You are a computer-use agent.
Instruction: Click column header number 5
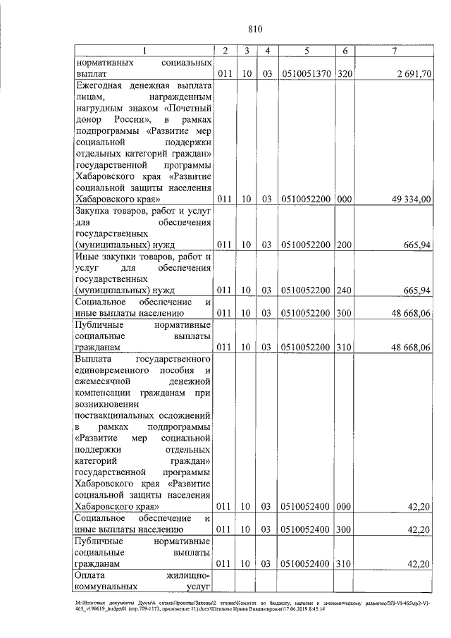[307, 51]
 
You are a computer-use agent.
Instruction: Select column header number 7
[395, 51]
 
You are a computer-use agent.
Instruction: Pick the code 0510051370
[307, 73]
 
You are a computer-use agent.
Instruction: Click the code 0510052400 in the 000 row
[307, 506]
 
